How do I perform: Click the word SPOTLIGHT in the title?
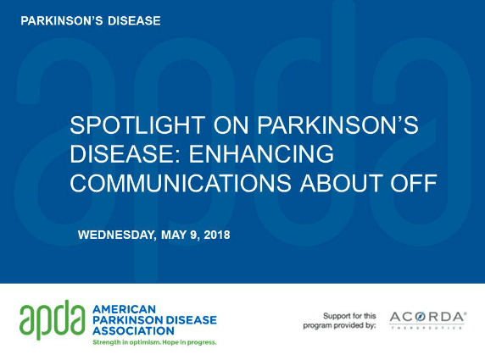click(x=137, y=125)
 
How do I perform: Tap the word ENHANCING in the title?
click(x=261, y=154)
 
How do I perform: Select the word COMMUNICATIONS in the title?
click(x=181, y=183)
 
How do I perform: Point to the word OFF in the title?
click(x=414, y=183)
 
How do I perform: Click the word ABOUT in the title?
click(x=341, y=183)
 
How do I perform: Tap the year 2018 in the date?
click(x=217, y=235)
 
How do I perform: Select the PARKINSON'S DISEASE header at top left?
click(x=91, y=21)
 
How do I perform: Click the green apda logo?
click(x=53, y=319)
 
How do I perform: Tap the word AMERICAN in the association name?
click(x=124, y=309)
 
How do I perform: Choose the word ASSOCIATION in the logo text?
click(x=133, y=331)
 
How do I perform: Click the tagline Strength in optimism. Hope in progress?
click(x=154, y=342)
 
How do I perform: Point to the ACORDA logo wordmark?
click(x=428, y=317)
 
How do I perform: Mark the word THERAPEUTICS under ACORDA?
click(x=426, y=328)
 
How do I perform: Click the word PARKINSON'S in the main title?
click(x=337, y=125)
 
